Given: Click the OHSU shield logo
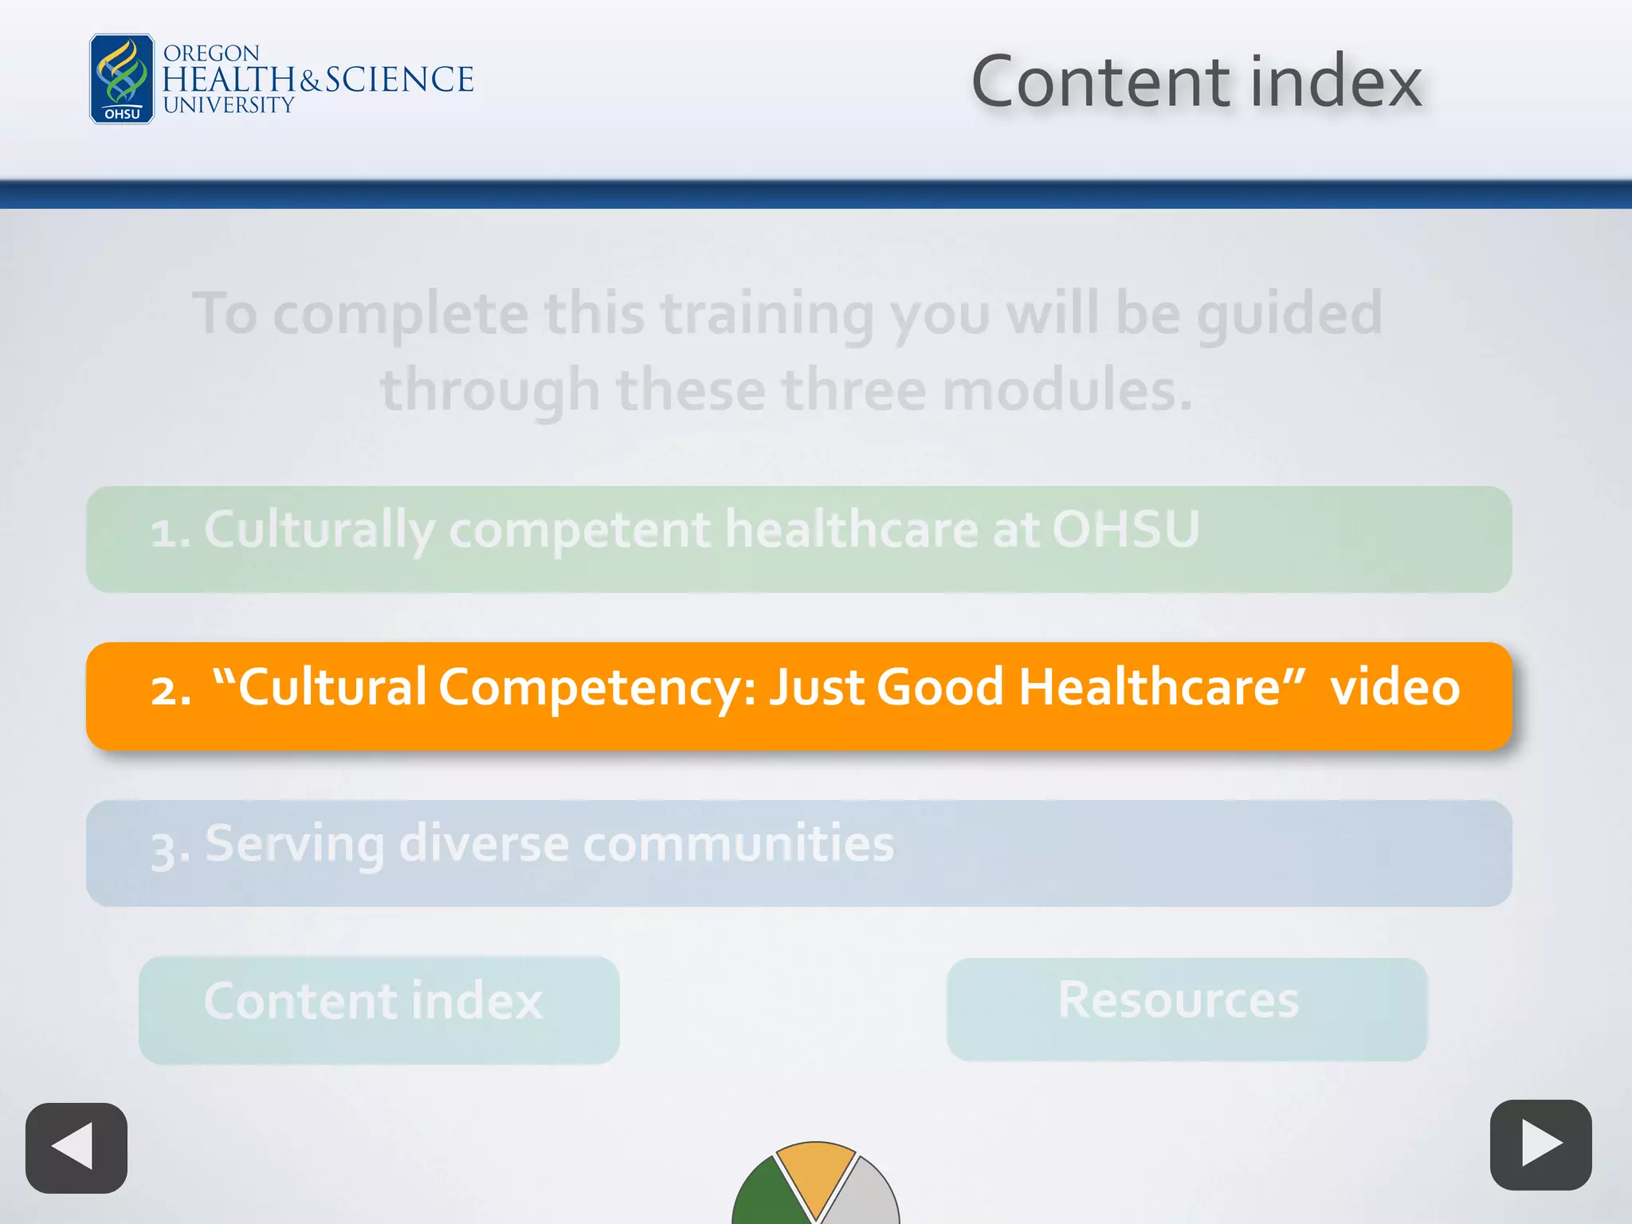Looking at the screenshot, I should [122, 79].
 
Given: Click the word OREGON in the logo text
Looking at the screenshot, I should [211, 53].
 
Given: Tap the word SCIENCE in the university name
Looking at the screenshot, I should [399, 80].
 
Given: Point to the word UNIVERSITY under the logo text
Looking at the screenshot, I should [229, 105].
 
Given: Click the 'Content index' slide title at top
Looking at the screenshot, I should [1196, 81].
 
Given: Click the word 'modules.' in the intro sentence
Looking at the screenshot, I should [1068, 390].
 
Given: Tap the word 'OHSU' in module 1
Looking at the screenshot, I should [1125, 529].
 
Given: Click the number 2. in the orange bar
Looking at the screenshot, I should [171, 689].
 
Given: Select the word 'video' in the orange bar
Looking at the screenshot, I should [1395, 687].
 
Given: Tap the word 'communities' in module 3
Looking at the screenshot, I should [739, 844].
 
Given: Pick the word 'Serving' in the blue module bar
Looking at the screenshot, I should [294, 845].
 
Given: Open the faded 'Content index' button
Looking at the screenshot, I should [379, 1009].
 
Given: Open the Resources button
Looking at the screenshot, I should [1187, 1007].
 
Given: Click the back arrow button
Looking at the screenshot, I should [76, 1147].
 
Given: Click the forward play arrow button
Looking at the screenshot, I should [1540, 1145].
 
